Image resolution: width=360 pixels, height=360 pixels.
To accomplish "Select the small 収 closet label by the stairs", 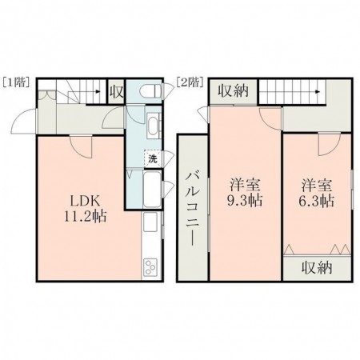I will [116, 92].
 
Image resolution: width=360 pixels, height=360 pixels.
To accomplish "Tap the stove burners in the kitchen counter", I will [150, 266].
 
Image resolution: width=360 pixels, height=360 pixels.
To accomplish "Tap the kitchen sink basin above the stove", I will [150, 227].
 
